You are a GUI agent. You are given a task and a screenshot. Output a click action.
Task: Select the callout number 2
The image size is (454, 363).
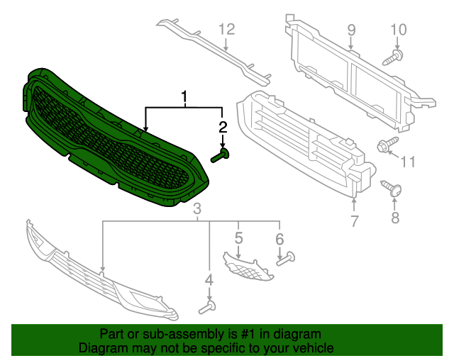click(223, 128)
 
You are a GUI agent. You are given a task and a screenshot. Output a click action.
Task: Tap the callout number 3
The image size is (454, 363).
click(198, 208)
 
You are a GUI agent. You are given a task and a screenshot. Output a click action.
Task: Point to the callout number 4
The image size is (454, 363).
click(209, 281)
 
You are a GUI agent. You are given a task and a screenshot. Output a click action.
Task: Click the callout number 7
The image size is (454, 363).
click(355, 220)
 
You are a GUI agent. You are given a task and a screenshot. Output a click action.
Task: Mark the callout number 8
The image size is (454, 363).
click(396, 217)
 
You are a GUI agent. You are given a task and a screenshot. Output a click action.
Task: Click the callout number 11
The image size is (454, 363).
click(407, 162)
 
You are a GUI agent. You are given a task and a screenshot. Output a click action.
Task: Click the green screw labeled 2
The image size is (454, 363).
click(220, 155)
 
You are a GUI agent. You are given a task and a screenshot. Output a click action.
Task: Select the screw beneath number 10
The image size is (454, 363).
click(394, 57)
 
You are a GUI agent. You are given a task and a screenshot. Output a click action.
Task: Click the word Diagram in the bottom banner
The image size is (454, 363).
click(101, 348)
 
